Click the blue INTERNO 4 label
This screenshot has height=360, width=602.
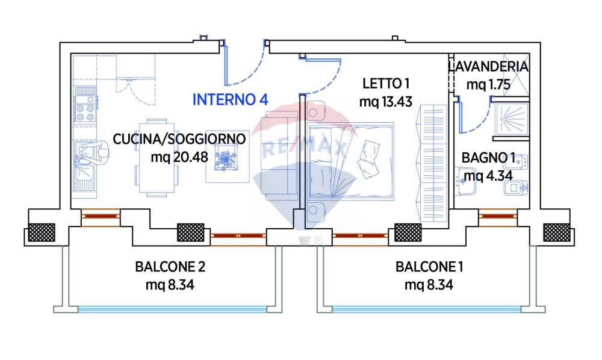coord(230,100)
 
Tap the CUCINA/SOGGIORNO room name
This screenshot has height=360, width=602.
coord(179,139)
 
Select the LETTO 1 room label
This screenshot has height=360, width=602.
coord(385,83)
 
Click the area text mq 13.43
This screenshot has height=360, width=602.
coord(385,101)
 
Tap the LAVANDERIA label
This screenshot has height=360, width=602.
coord(489,67)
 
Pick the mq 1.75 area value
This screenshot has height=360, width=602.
coord(489,84)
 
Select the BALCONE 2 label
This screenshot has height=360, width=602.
coord(170,267)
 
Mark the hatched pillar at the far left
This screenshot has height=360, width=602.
coord(41,232)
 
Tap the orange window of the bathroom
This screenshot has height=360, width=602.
coord(497,215)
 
